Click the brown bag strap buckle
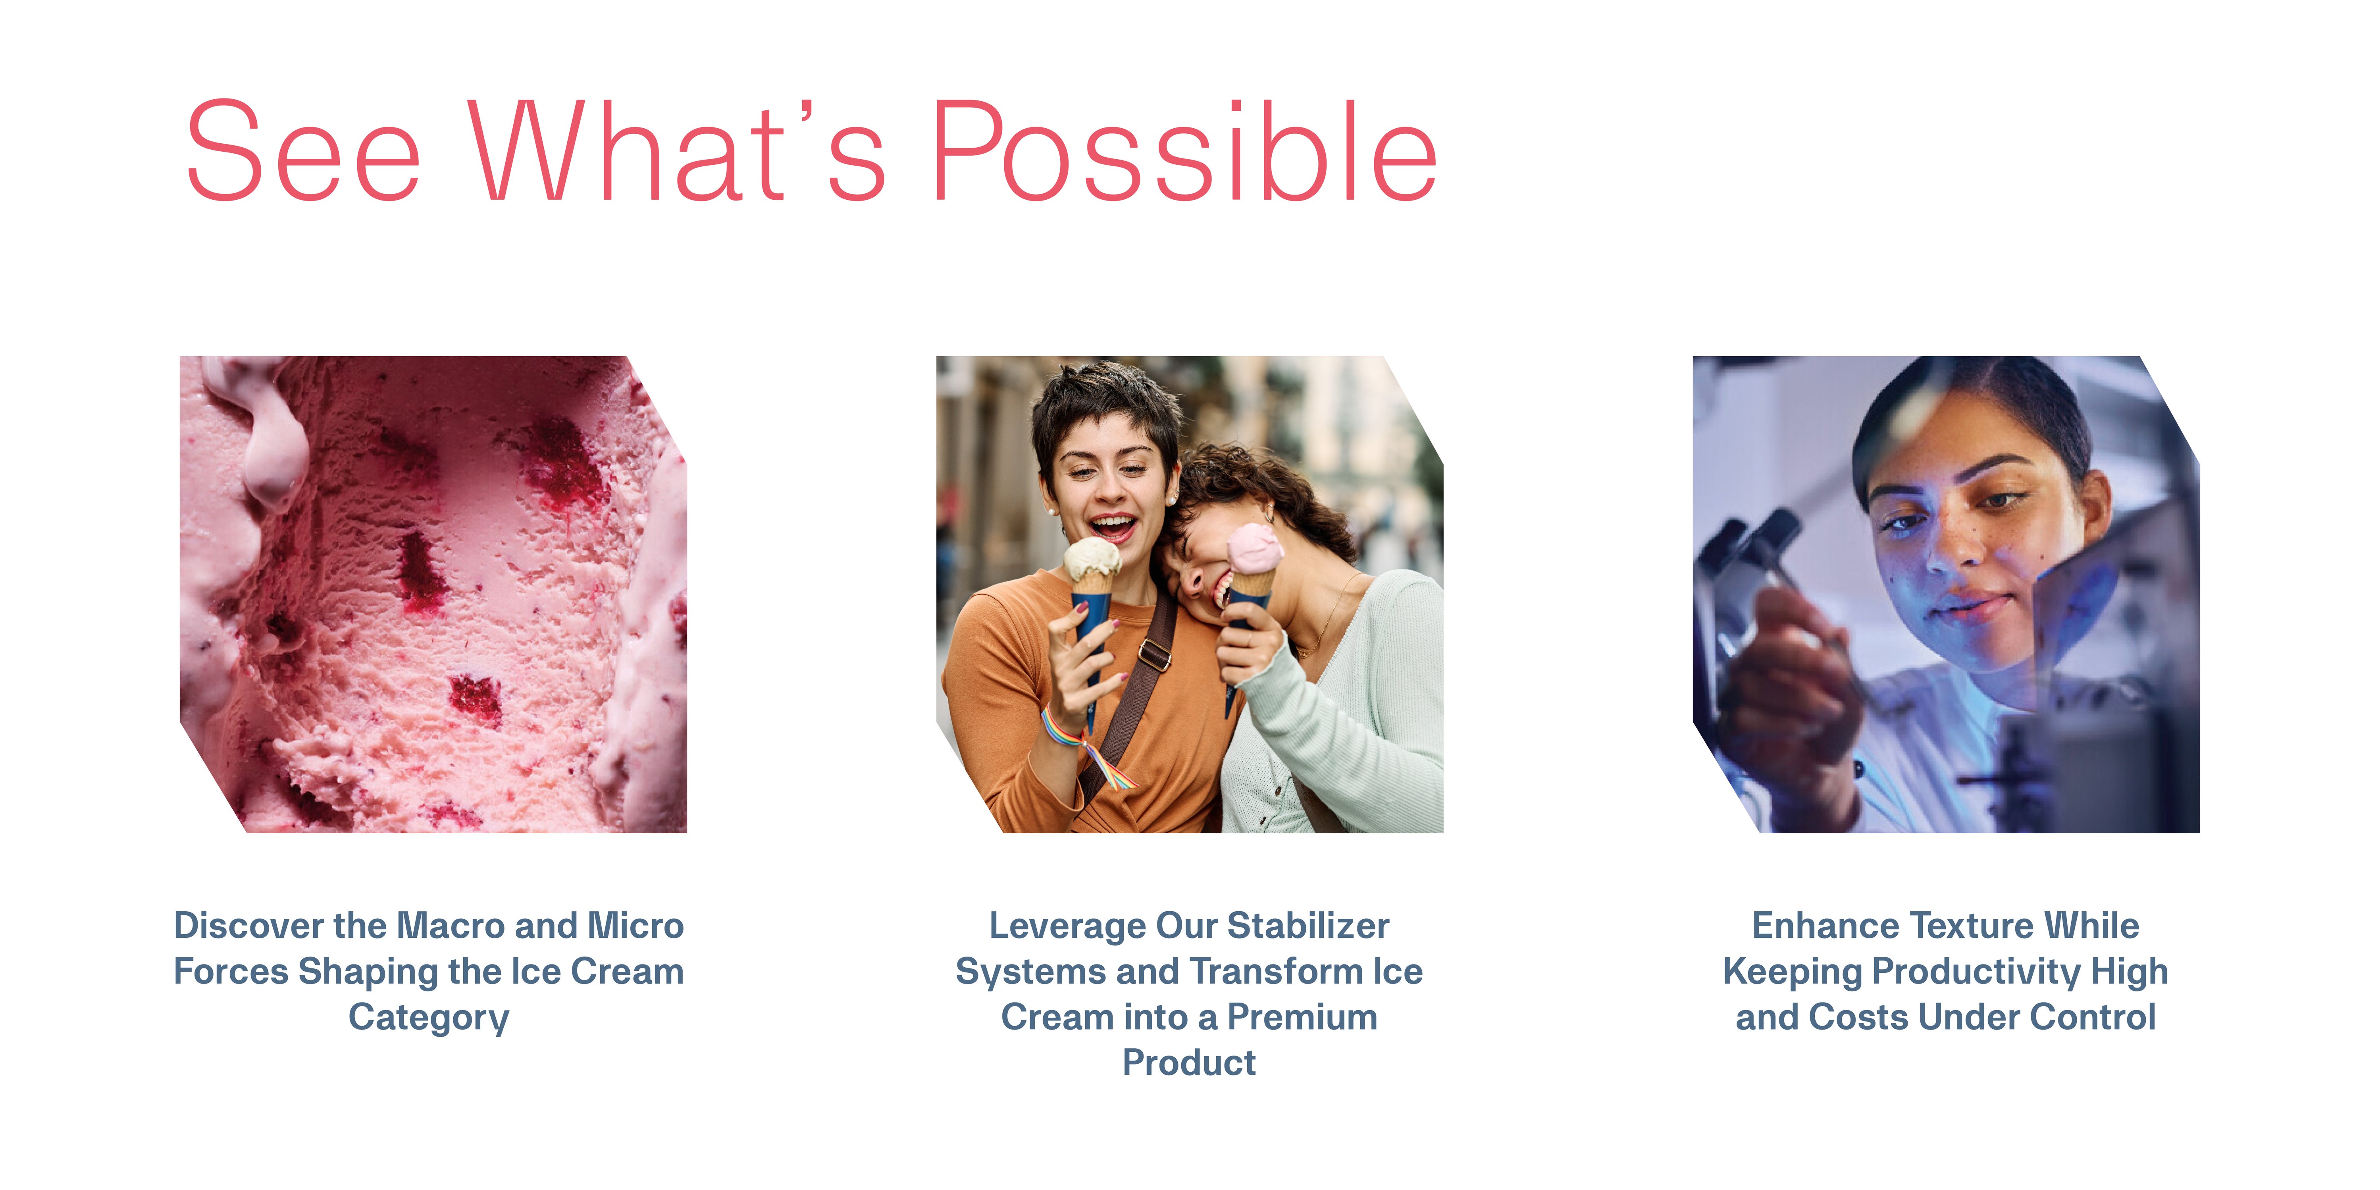click(1154, 655)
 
